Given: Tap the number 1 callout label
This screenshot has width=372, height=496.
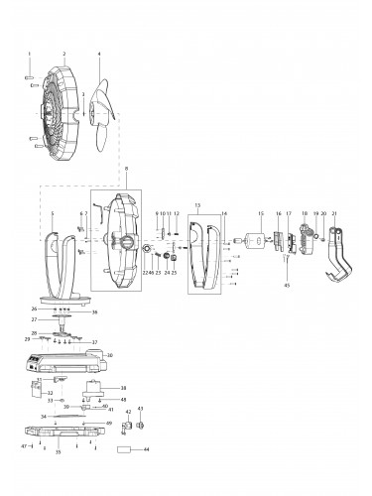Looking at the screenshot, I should tap(30, 54).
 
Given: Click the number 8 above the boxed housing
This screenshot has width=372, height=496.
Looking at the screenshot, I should tap(126, 171).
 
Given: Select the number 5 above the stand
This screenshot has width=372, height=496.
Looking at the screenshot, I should tap(52, 213).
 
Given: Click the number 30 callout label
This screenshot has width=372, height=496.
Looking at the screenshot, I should tap(110, 355).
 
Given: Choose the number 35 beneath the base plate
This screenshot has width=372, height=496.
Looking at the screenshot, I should tap(59, 450).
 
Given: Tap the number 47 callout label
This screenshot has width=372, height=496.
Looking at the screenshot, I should tap(24, 446).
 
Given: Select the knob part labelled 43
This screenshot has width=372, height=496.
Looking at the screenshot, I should tap(140, 425).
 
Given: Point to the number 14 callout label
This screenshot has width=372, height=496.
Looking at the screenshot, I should tap(224, 213).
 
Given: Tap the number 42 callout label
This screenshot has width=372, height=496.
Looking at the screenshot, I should tap(127, 411).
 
